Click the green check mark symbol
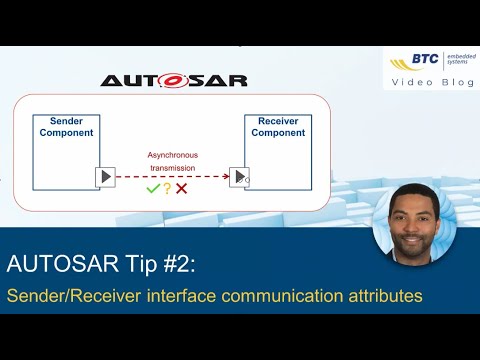(153, 188)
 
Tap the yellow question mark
(168, 188)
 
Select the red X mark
(182, 188)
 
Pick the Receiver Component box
(278, 151)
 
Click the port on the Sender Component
(105, 177)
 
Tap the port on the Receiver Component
(240, 177)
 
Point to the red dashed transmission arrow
(172, 177)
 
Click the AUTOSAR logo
(174, 79)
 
